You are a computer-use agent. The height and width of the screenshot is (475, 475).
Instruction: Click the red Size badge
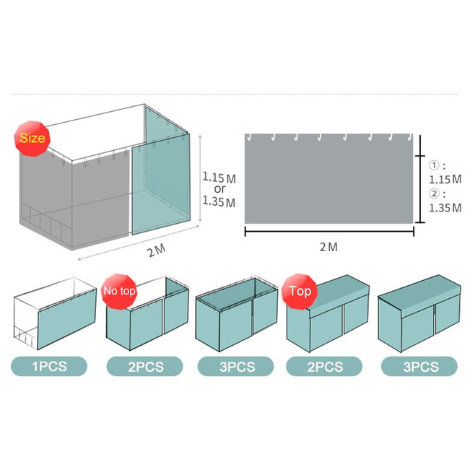pos(32,139)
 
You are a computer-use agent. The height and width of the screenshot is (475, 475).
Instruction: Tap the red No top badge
pos(119,292)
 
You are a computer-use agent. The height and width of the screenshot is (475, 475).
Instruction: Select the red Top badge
pos(300,292)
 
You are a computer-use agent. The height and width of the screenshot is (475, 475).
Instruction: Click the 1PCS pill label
pos(49,366)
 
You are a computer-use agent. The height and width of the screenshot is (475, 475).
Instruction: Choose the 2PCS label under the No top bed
pos(145,366)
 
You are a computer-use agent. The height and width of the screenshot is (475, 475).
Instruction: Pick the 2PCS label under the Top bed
pos(324,366)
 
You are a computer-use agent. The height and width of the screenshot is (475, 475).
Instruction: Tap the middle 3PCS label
pos(235,366)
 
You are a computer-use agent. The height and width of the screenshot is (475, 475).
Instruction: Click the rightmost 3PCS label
pos(419,366)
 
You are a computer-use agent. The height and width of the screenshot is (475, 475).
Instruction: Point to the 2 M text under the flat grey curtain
pos(328,247)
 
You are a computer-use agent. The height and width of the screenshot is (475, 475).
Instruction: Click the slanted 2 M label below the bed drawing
pos(157,250)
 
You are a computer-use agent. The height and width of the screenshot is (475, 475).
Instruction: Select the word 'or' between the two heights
pos(219,189)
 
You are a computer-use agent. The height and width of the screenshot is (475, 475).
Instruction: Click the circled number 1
pos(434,165)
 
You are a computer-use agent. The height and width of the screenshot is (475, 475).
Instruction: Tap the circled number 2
pos(434,193)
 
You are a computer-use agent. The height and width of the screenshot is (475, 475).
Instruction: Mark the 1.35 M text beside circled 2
pos(445,208)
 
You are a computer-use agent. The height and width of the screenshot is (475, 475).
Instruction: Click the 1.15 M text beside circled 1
pos(445,179)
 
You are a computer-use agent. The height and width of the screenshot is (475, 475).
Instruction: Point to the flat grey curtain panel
pos(328,179)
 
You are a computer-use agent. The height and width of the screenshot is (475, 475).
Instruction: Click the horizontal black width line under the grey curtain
pos(329,232)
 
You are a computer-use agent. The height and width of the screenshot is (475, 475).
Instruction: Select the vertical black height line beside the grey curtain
pos(420,179)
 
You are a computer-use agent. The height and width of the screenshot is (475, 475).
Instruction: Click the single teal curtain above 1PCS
pos(67,319)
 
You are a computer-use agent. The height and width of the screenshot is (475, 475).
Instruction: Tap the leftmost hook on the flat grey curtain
pos(249,138)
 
